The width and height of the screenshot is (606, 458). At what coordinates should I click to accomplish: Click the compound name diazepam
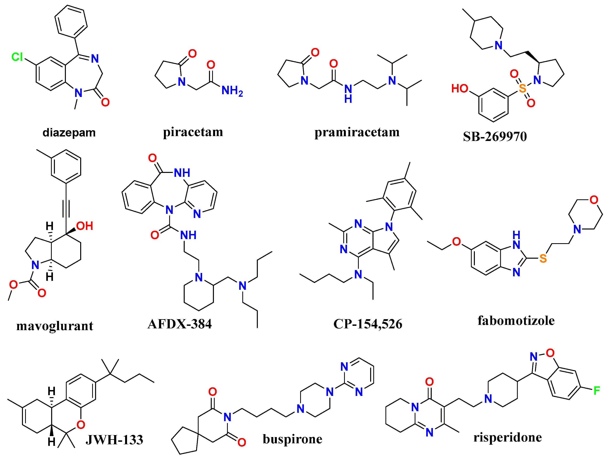point(69,133)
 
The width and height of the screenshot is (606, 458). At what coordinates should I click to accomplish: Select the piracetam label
point(193,132)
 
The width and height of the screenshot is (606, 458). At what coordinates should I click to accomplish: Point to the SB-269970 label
point(495,136)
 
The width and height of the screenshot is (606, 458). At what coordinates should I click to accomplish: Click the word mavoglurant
point(55,326)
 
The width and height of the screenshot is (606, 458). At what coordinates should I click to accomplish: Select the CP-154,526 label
point(368,324)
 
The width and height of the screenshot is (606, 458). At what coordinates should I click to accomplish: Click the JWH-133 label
point(114,440)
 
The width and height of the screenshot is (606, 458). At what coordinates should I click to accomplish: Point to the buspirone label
point(292,439)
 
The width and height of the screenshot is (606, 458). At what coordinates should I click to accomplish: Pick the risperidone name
point(507,437)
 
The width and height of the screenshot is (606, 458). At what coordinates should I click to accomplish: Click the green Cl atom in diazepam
point(17,57)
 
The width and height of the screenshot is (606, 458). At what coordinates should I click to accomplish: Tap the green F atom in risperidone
point(597,391)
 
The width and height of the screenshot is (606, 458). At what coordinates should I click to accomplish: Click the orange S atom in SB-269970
point(522,88)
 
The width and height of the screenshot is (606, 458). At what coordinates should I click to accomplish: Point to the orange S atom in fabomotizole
point(543,258)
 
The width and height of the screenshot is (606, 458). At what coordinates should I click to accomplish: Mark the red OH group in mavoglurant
point(85,226)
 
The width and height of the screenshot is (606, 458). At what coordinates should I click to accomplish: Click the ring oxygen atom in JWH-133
point(81,425)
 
